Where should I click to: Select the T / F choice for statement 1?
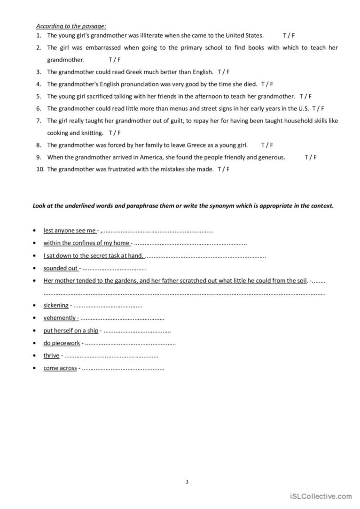pos(289,35)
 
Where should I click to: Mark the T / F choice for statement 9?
pos(311,157)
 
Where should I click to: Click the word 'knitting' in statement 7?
pos(92,133)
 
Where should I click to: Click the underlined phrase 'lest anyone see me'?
pos(70,231)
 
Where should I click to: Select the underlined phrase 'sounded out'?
pos(61,268)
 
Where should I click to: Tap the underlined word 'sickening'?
pos(56,305)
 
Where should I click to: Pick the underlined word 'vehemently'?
pos(60,318)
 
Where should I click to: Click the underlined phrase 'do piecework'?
pos(62,343)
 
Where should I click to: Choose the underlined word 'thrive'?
pos(51,355)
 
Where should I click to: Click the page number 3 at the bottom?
pos(187,482)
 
